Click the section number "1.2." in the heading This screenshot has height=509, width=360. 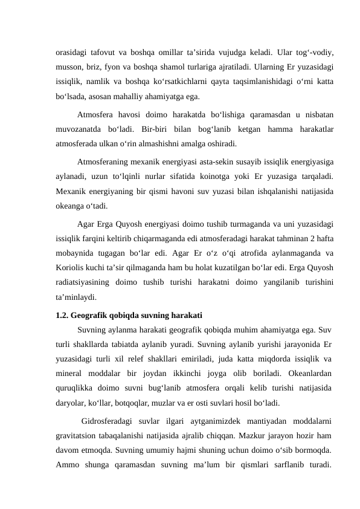click(x=62, y=315)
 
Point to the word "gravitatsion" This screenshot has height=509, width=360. click(x=78, y=436)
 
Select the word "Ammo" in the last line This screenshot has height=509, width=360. click(x=67, y=465)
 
